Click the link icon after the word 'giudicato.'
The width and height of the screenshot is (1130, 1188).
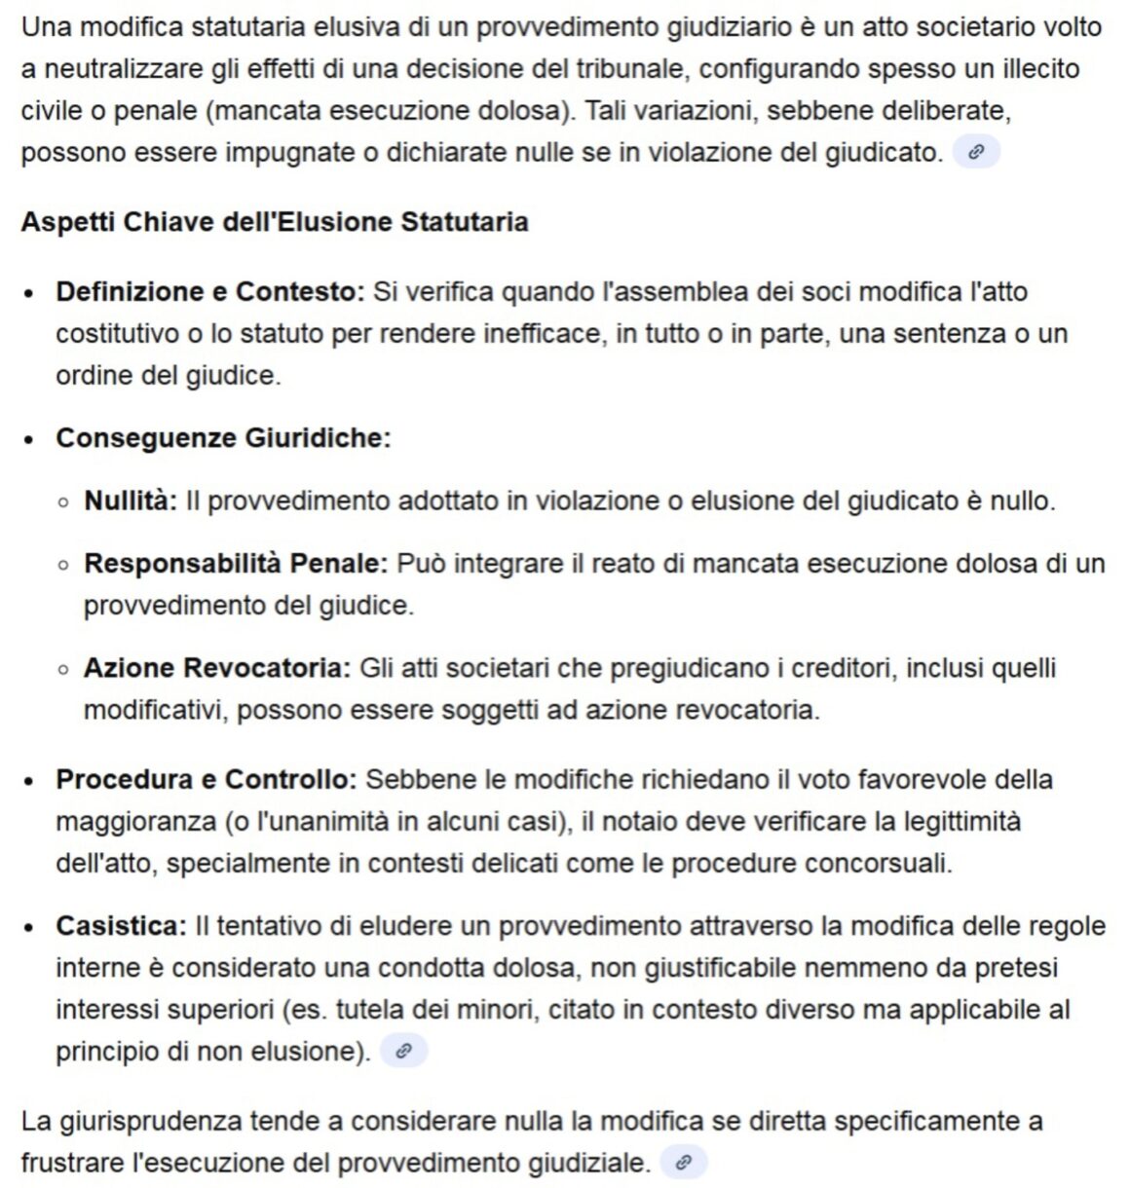pyautogui.click(x=976, y=152)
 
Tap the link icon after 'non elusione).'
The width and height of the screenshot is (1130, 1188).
pyautogui.click(x=403, y=1051)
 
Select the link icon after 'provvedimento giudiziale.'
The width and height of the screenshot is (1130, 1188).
pyautogui.click(x=684, y=1163)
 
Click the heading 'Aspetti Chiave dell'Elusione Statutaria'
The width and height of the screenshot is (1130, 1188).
pyautogui.click(x=274, y=222)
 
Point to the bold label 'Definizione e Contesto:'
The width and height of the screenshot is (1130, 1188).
pyautogui.click(x=209, y=291)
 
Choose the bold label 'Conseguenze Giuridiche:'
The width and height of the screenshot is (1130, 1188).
pyautogui.click(x=223, y=438)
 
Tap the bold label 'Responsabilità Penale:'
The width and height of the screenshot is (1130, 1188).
pyautogui.click(x=236, y=563)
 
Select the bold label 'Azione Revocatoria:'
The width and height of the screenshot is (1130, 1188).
pyautogui.click(x=216, y=668)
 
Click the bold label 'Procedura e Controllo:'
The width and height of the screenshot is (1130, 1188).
pyautogui.click(x=207, y=779)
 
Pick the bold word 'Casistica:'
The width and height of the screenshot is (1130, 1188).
pyautogui.click(x=121, y=925)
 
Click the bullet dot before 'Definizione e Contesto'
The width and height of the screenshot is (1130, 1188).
pyautogui.click(x=31, y=293)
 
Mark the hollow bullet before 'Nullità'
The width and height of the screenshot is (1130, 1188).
pyautogui.click(x=63, y=502)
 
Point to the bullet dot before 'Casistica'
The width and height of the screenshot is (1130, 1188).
pyautogui.click(x=31, y=927)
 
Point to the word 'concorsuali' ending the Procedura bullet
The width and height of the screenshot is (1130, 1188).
pyautogui.click(x=879, y=863)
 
